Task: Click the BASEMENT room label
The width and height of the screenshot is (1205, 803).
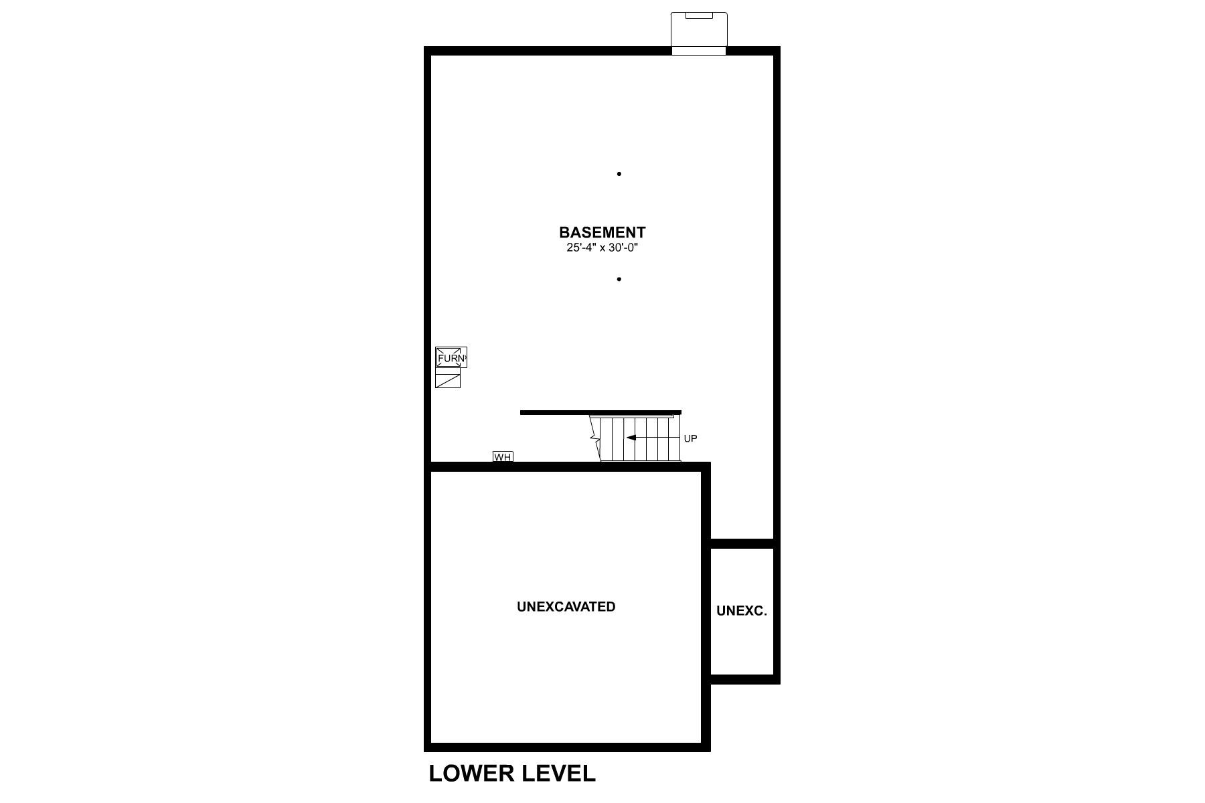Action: pyautogui.click(x=602, y=232)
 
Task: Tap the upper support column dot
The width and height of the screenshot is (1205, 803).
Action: pyautogui.click(x=619, y=174)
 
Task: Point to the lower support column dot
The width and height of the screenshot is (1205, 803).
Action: pyautogui.click(x=619, y=279)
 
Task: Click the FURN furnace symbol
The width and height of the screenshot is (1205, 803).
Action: pyautogui.click(x=451, y=358)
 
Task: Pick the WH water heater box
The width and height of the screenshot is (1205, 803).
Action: pyautogui.click(x=503, y=457)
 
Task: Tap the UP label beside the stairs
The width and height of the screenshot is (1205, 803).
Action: pyautogui.click(x=690, y=439)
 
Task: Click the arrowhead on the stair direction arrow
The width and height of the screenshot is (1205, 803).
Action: pyautogui.click(x=630, y=438)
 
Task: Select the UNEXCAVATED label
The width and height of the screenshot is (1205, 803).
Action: pyautogui.click(x=566, y=607)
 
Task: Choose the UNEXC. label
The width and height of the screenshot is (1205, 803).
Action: pyautogui.click(x=741, y=611)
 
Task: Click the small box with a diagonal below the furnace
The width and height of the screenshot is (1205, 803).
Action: pyautogui.click(x=447, y=380)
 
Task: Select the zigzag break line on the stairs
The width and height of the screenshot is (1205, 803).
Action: pyautogui.click(x=593, y=438)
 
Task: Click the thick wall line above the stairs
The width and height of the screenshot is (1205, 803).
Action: pyautogui.click(x=600, y=412)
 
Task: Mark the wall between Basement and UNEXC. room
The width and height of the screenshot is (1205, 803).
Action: pyautogui.click(x=742, y=543)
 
